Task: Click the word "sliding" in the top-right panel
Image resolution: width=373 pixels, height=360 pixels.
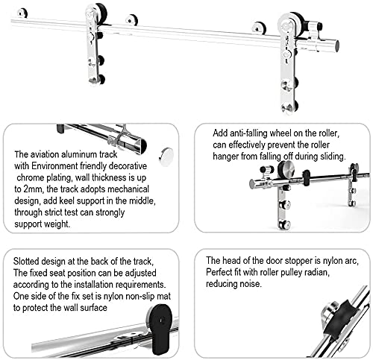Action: (x=327, y=158)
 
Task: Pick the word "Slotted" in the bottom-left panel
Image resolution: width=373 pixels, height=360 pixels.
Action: (x=29, y=260)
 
